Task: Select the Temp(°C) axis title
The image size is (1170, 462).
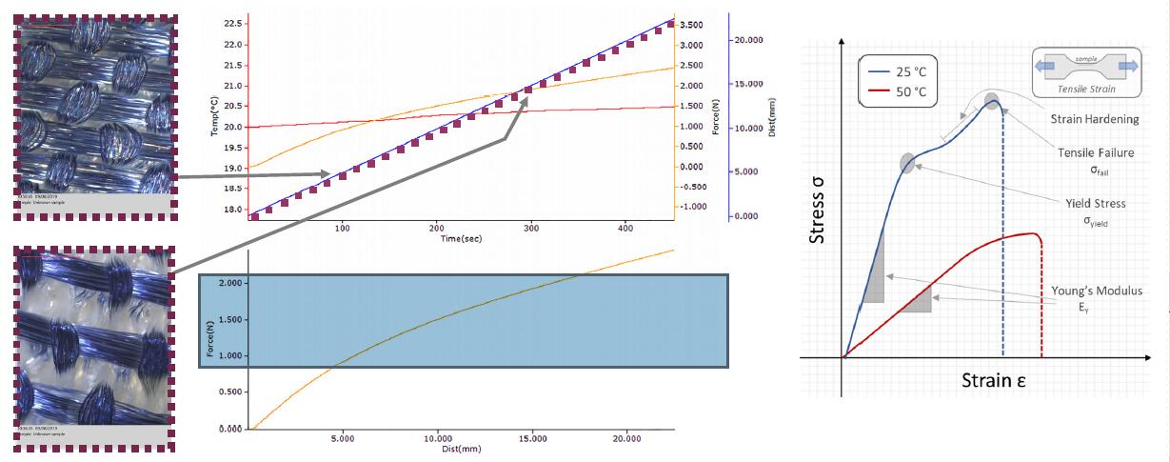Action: click(215, 116)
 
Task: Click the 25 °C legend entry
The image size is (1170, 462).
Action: click(903, 71)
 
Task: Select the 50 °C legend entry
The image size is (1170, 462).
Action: click(903, 93)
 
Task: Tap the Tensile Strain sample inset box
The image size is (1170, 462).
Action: click(1086, 73)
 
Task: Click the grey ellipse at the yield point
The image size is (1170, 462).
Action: click(907, 164)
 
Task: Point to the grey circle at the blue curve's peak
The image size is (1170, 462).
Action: click(992, 102)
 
